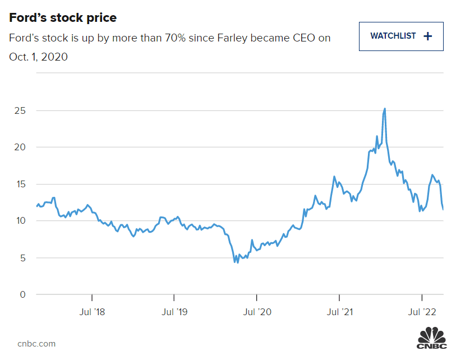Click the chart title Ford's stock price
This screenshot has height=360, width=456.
click(63, 18)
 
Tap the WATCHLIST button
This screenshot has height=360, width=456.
click(401, 36)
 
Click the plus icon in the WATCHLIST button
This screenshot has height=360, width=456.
click(428, 36)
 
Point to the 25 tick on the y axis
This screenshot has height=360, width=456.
click(20, 110)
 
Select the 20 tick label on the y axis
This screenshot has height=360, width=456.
click(20, 147)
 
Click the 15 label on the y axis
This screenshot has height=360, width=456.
click(20, 184)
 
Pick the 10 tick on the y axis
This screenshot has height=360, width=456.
click(20, 221)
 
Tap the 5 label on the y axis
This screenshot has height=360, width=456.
click(23, 258)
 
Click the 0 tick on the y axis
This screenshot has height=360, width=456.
click(23, 294)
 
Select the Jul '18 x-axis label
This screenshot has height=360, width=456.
click(91, 311)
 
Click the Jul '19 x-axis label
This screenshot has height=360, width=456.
click(174, 311)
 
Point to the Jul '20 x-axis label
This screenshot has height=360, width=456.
click(256, 311)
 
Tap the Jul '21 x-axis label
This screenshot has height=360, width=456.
click(339, 311)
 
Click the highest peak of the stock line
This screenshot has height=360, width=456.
click(385, 109)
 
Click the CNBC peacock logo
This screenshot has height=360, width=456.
click(432, 338)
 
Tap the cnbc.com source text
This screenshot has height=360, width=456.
click(36, 343)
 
